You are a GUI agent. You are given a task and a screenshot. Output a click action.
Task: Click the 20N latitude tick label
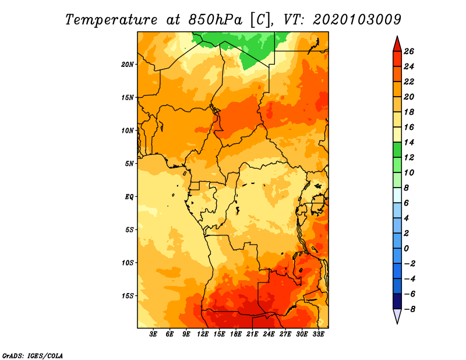tap(128, 65)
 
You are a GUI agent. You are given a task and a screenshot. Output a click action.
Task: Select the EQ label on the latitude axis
tap(129, 197)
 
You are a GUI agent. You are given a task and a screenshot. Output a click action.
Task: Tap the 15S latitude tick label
tap(128, 296)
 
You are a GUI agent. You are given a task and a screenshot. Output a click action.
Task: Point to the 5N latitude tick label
tap(129, 164)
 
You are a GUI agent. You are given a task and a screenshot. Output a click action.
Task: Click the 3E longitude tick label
tap(153, 334)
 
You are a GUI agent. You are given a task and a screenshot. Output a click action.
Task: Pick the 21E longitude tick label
tap(252, 334)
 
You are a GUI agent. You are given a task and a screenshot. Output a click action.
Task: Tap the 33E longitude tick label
tap(318, 334)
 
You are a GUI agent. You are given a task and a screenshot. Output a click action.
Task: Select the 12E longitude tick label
tap(203, 334)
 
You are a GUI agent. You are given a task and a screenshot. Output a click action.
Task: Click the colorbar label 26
tap(409, 52)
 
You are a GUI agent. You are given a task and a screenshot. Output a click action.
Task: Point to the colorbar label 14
tap(409, 143)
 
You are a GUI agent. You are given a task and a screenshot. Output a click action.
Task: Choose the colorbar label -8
tap(409, 309)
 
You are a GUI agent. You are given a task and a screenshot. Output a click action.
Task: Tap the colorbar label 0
tap(406, 249)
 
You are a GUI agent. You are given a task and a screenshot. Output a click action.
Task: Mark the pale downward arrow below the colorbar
tap(397, 316)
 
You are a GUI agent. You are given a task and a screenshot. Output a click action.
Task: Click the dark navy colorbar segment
tap(397, 301)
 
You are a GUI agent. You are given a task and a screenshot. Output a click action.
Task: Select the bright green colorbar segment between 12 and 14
tap(397, 150)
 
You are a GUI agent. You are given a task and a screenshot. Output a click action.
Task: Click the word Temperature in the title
tap(111, 20)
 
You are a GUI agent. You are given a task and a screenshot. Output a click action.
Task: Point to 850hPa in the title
tap(215, 20)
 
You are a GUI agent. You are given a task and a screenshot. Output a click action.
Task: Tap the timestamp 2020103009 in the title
tap(357, 20)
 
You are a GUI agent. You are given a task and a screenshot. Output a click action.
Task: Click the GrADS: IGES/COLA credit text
tap(33, 355)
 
